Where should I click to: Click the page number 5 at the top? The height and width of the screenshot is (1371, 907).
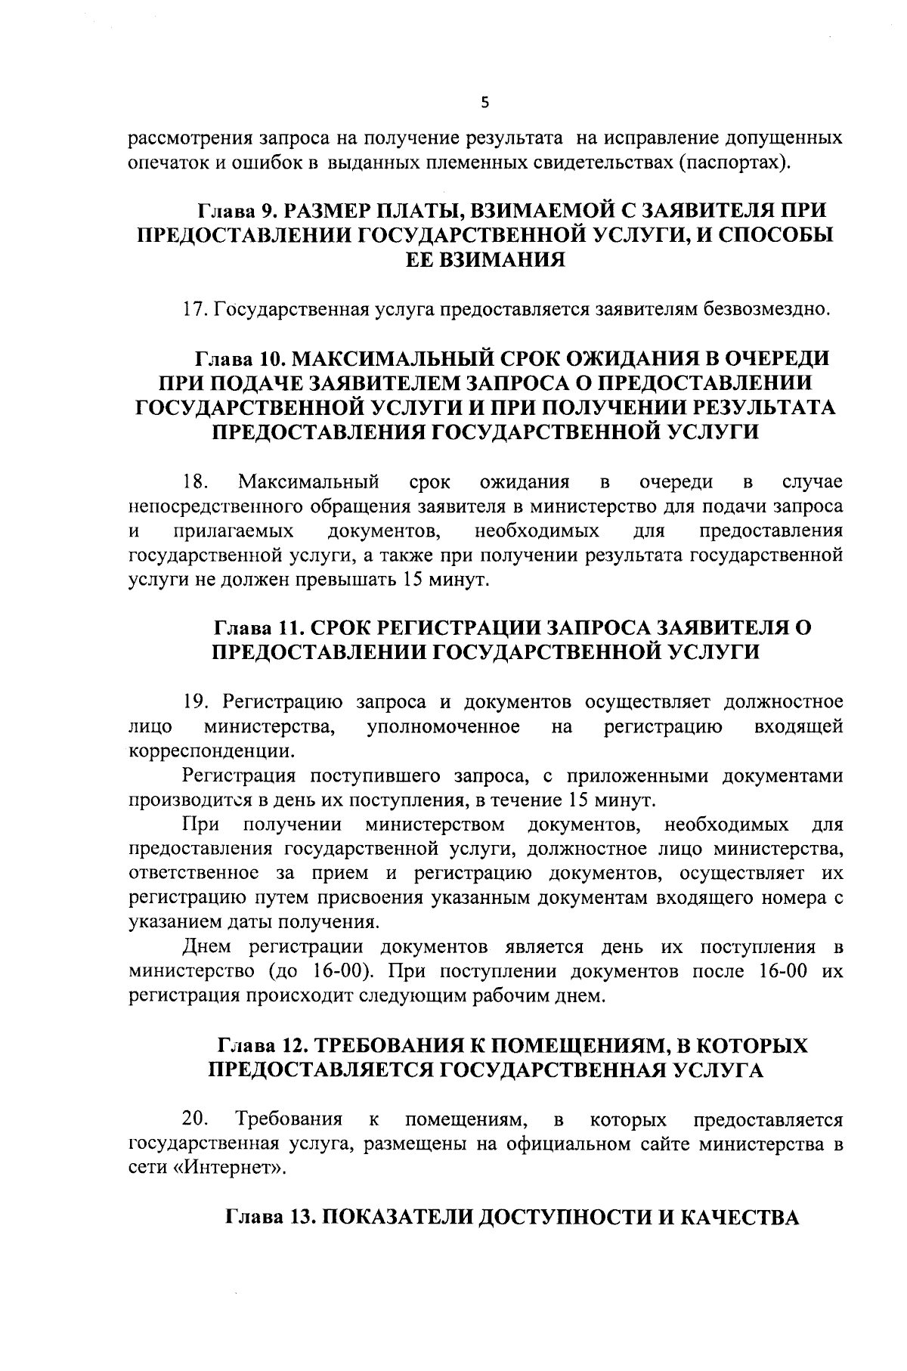(x=484, y=104)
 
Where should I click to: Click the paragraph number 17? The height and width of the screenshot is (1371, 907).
(x=194, y=310)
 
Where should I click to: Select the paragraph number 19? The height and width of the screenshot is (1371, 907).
(x=195, y=702)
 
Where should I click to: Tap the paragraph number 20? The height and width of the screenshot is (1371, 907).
(x=195, y=1118)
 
